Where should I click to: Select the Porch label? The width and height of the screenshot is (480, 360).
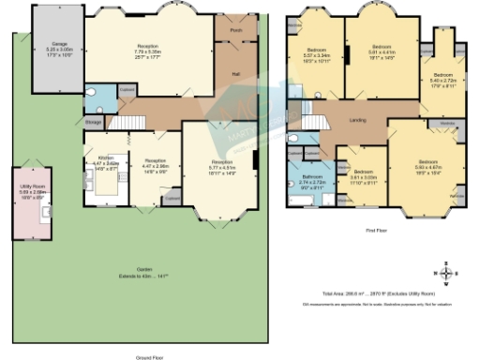point(235,29)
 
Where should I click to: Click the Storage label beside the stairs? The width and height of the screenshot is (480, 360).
point(93,121)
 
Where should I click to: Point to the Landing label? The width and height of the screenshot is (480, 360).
point(356,120)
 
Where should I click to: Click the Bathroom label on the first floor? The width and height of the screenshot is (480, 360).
point(311,177)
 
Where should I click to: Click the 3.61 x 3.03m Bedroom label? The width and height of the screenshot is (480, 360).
point(363,173)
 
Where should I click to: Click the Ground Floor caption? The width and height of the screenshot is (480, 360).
point(145,357)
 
